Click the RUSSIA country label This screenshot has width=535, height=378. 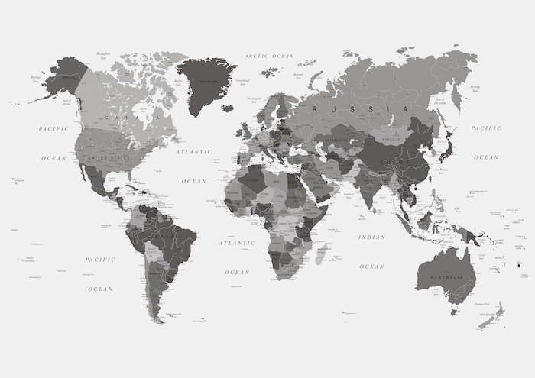pos(359,109)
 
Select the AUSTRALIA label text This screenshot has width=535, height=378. pos(446,276)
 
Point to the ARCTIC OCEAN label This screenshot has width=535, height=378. pos(269,56)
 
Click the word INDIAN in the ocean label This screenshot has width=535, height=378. pos(371,237)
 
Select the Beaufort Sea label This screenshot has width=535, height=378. pos(105,55)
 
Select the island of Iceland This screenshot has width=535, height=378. pos(227,108)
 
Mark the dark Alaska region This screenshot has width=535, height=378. pos(66,76)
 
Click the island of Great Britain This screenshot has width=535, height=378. pos(248,131)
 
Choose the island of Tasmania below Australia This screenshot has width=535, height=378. pos(454,311)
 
